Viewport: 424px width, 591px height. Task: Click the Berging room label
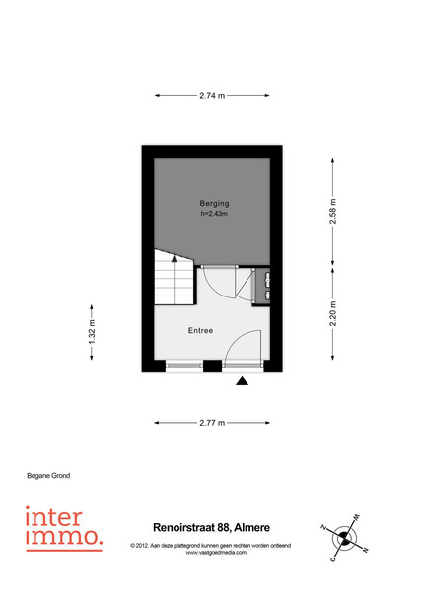click(214, 204)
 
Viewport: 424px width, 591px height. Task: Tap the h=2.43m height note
click(214, 214)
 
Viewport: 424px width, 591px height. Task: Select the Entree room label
click(201, 331)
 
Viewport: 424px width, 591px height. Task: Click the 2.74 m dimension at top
click(212, 95)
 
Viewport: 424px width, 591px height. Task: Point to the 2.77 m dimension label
click(212, 423)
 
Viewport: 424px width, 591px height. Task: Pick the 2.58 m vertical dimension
click(332, 211)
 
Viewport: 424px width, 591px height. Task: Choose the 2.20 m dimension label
click(332, 313)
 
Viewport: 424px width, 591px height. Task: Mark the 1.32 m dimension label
click(92, 332)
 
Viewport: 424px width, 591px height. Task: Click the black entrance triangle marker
click(243, 381)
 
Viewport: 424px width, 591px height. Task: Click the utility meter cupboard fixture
click(262, 286)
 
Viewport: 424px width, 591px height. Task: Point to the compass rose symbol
click(344, 537)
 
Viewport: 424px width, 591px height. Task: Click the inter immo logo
click(64, 528)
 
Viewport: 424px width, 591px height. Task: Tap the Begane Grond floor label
click(48, 476)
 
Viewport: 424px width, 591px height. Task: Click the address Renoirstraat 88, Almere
click(211, 527)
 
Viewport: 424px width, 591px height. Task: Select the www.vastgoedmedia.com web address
click(216, 553)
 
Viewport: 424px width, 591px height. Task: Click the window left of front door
click(184, 366)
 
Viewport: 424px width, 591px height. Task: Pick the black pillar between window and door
click(212, 366)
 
